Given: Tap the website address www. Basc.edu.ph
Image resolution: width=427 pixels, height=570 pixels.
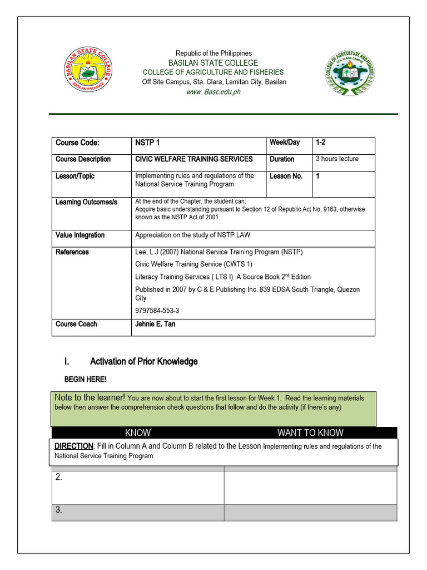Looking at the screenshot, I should click(214, 92).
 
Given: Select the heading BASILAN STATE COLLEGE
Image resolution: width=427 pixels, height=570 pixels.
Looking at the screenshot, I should click(214, 63).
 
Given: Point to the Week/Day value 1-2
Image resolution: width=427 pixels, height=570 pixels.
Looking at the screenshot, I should click(321, 142).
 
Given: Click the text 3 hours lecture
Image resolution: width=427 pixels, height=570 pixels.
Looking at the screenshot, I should click(337, 159).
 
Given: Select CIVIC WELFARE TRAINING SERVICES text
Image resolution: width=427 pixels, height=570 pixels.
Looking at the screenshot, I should click(194, 159).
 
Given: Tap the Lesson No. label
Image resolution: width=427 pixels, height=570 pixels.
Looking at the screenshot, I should click(286, 176).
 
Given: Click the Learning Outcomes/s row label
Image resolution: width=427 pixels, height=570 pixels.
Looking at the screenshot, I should click(86, 202).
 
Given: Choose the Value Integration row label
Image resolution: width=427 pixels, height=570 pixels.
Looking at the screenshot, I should click(80, 235).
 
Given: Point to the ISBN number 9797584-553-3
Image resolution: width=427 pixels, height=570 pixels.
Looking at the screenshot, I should click(157, 311).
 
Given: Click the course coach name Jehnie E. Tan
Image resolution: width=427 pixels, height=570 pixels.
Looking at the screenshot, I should click(155, 324).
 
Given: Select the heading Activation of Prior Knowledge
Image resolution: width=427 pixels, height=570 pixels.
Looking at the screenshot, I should click(143, 362).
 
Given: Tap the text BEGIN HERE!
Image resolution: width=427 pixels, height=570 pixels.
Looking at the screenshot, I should click(85, 380).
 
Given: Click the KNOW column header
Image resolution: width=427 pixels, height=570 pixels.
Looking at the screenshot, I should click(138, 433).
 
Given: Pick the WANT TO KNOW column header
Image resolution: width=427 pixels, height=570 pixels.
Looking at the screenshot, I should click(310, 433).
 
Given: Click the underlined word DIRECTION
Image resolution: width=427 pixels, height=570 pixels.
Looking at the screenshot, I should click(73, 446).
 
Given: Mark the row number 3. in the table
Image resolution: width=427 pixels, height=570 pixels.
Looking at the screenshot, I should click(58, 510).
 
